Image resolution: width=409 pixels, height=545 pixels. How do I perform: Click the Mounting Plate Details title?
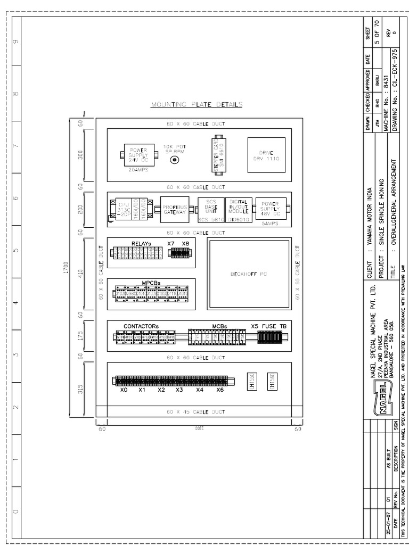[x=197, y=105]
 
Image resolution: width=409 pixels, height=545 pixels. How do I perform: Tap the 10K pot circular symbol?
[x=173, y=159]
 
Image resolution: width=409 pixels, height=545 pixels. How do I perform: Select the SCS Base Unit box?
[x=210, y=208]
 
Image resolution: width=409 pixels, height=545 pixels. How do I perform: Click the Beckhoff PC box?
[x=249, y=275]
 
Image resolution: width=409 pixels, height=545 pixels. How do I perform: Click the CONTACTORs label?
[x=141, y=325]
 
